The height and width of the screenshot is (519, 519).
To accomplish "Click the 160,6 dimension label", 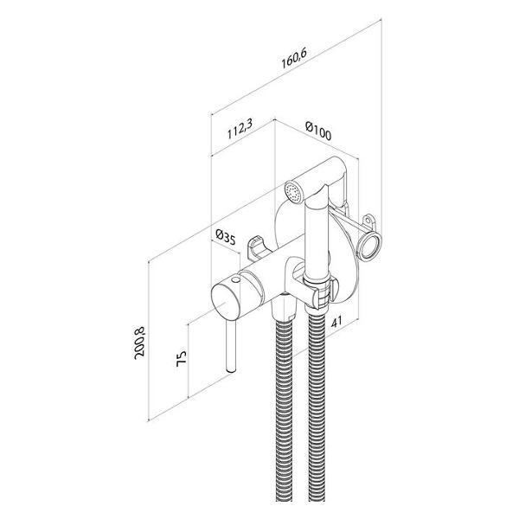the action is click(294, 58).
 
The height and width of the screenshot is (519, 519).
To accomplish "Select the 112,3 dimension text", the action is click(240, 129).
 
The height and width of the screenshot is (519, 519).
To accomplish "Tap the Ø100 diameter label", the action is click(318, 131).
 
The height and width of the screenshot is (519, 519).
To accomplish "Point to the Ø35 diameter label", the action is click(226, 237).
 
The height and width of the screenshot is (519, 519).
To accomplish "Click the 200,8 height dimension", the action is click(139, 343).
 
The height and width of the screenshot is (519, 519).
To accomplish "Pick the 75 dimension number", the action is click(182, 358).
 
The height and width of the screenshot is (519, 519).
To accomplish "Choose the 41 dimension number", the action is click(336, 322).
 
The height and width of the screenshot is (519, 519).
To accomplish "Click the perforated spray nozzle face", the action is click(292, 192).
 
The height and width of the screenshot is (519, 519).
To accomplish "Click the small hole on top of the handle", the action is click(235, 280).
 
